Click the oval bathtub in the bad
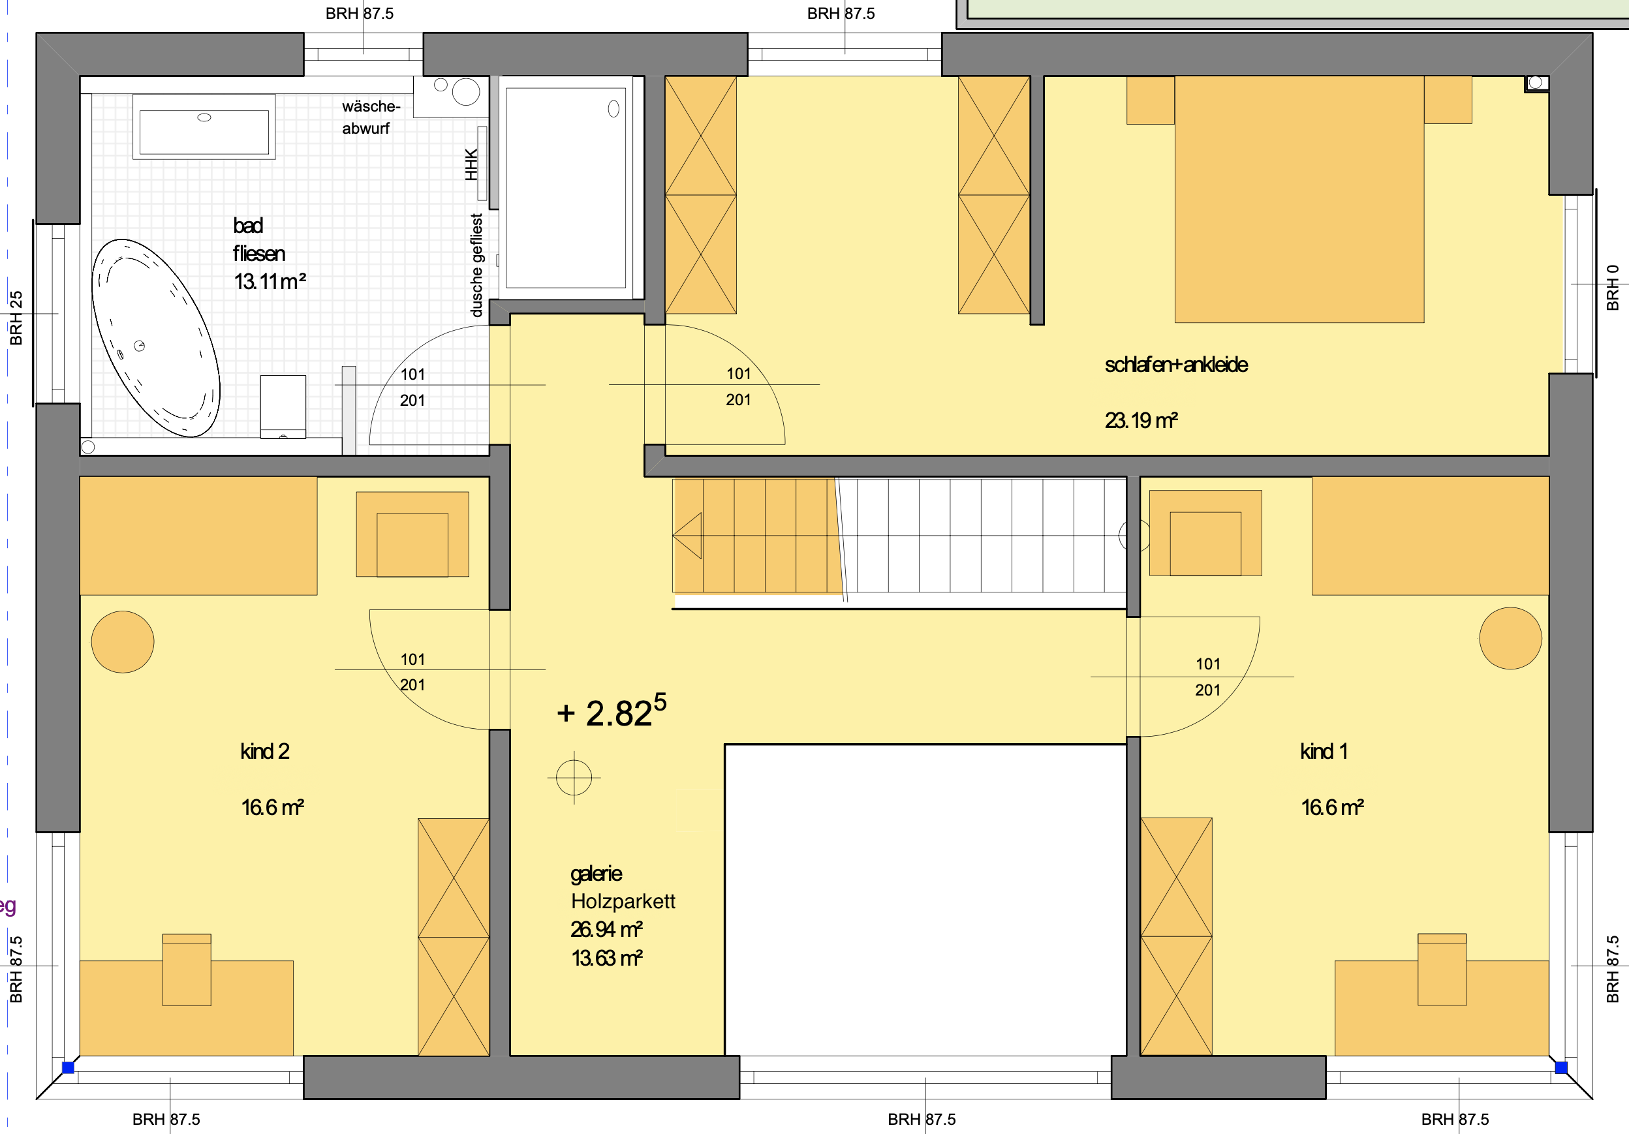click(155, 337)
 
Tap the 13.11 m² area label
click(270, 282)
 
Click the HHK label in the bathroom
click(472, 164)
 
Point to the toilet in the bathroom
click(283, 406)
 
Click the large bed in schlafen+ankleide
click(1299, 199)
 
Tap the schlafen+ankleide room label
click(1176, 365)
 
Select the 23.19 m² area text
click(1141, 421)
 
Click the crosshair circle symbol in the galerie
click(574, 777)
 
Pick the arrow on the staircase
click(687, 536)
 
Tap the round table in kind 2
click(123, 642)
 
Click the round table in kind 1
click(1510, 638)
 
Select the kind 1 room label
click(1324, 751)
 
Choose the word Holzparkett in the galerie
click(623, 901)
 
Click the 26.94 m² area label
click(606, 929)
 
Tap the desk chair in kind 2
click(187, 970)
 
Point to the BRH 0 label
click(1613, 288)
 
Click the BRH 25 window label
click(16, 318)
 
